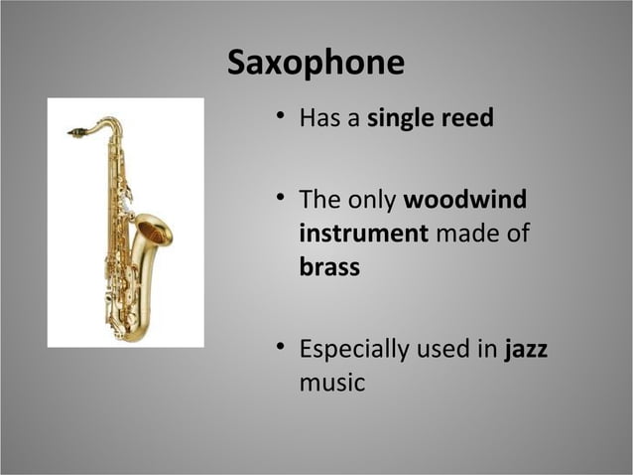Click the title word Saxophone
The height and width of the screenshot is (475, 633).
point(316,63)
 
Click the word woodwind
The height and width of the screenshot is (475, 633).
point(464,200)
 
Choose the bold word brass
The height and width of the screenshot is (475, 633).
point(329,267)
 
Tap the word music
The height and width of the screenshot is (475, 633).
point(331,383)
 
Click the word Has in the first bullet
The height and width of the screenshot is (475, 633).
point(320,119)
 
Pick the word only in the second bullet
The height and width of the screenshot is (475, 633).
point(373,200)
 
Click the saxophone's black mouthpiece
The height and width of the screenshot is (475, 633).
point(75,131)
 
